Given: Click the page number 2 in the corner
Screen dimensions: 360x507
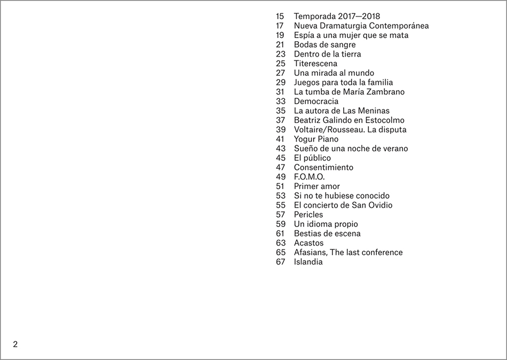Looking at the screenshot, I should tap(15, 344).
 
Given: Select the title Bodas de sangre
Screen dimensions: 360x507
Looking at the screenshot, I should tap(324, 45).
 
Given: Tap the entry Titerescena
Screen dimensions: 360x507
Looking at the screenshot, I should tap(315, 64).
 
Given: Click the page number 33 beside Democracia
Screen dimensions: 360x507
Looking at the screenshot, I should tap(281, 101).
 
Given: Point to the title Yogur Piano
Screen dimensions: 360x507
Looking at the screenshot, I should tap(316, 139).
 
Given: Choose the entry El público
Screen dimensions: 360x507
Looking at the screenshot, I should tap(312, 158).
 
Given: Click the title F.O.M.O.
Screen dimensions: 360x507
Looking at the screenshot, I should tap(309, 177).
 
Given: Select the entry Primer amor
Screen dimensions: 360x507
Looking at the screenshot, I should tap(316, 186).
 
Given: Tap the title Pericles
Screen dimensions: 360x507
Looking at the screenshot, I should tap(308, 215).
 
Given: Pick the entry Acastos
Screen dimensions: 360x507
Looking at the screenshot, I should tap(308, 243).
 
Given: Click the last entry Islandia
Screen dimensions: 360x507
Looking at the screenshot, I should tap(308, 262).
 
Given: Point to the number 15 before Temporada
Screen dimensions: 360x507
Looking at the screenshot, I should tap(281, 16).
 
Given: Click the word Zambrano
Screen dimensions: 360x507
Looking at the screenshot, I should tap(384, 92).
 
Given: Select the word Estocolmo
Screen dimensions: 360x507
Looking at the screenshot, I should tap(384, 120).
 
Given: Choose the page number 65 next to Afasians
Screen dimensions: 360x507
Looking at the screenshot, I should tap(281, 252).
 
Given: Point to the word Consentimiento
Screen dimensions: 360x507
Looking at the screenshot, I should tap(323, 167).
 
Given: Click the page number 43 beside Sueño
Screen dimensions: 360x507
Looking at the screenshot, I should tap(281, 148).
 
